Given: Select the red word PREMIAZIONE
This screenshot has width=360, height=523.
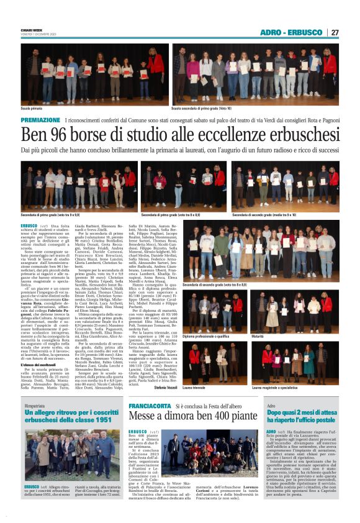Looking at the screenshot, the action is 40,119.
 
